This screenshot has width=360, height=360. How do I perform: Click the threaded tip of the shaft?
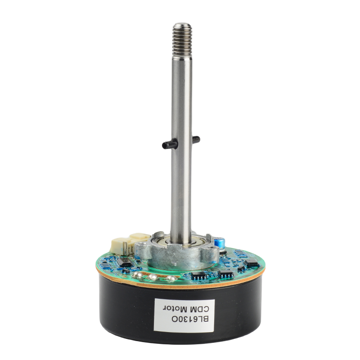pos(182,40)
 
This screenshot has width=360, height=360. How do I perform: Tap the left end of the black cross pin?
pos(163,145)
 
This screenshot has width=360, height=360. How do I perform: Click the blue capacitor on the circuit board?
pos(220,243)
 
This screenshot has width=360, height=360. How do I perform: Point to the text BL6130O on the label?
pos(190,319)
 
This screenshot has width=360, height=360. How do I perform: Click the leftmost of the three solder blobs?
pos(137,274)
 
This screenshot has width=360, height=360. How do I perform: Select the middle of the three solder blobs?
pos(153,277)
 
